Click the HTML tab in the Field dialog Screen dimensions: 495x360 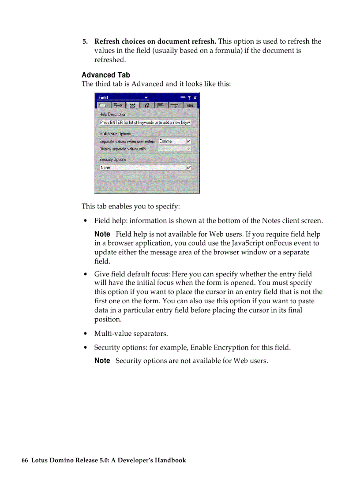click(190, 105)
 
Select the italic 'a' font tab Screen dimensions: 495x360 click(147, 105)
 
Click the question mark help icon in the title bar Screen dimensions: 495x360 click(189, 98)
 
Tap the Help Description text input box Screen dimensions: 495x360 click(145, 122)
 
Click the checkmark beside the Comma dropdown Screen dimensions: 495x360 click(189, 141)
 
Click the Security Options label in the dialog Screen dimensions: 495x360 click(112, 160)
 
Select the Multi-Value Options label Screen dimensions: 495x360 click(115, 134)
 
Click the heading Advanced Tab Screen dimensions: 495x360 click(105, 75)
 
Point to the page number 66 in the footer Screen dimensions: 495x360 click(25, 460)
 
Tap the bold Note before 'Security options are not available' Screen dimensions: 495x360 click(102, 361)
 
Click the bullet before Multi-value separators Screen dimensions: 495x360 click(85, 334)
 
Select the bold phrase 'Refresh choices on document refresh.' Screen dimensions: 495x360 click(155, 41)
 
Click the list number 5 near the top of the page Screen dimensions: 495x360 click(85, 41)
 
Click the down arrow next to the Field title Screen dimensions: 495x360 click(146, 98)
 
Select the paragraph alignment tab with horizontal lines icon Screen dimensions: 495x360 click(161, 105)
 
